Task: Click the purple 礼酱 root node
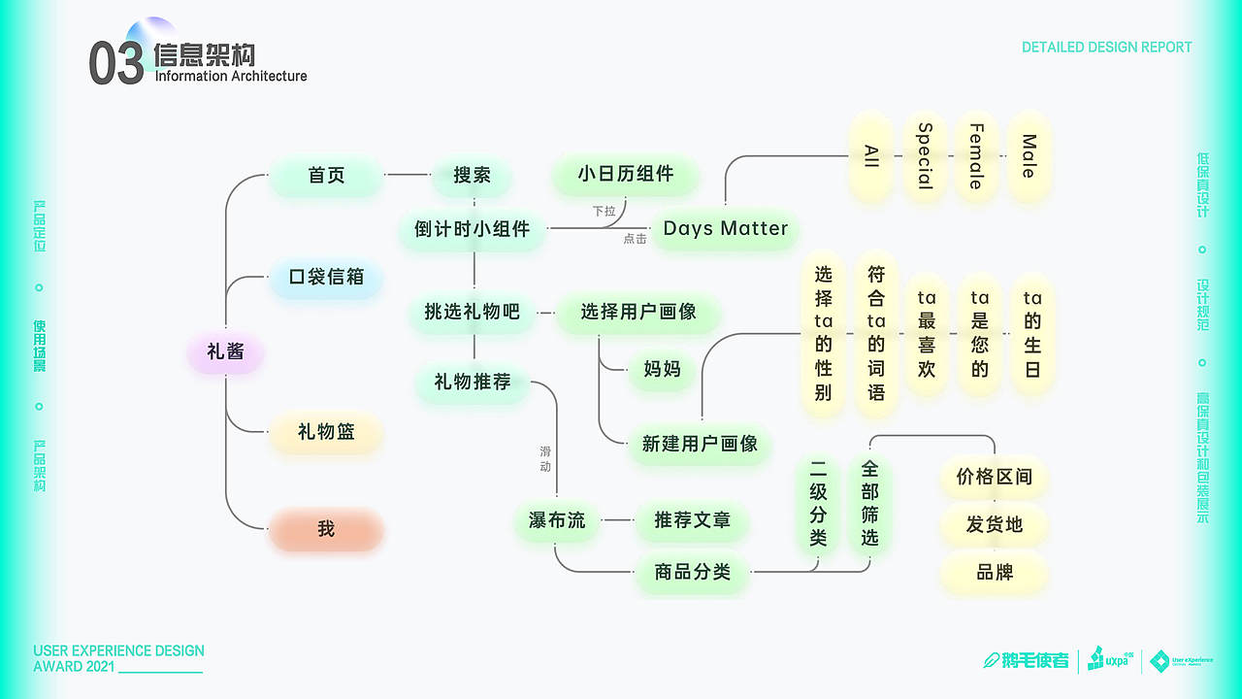(x=225, y=351)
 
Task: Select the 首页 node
(x=326, y=176)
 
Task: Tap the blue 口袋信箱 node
(x=326, y=277)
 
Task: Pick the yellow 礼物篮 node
(x=326, y=432)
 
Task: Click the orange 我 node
(x=326, y=529)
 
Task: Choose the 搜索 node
(x=473, y=176)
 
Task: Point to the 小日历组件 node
(x=625, y=175)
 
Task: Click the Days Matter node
(x=725, y=229)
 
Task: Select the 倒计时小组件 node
(x=473, y=229)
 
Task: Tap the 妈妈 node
(x=662, y=369)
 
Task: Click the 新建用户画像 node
(x=700, y=444)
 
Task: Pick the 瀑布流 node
(x=557, y=520)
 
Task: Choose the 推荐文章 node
(x=692, y=520)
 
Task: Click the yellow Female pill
(x=976, y=156)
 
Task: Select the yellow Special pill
(x=925, y=156)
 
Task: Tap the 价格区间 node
(x=994, y=477)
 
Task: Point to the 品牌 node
(x=994, y=573)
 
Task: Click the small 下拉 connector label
(x=604, y=211)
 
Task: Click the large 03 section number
(x=115, y=64)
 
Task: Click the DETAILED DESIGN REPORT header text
(x=1106, y=47)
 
